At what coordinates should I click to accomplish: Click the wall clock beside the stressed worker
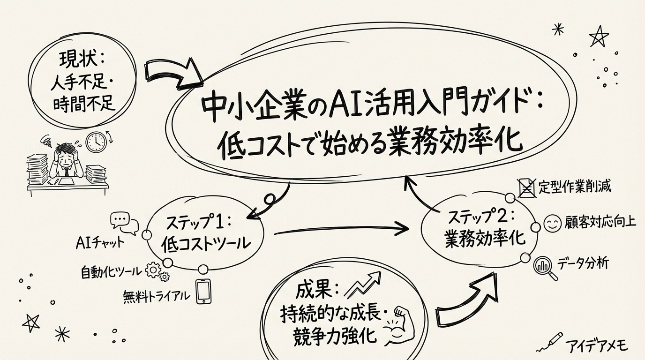(x=96, y=141)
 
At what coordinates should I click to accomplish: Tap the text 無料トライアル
(x=157, y=296)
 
